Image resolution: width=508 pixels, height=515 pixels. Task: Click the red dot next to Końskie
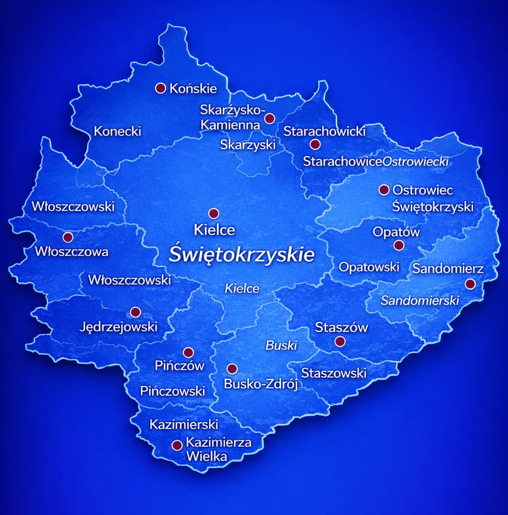pyautogui.click(x=160, y=88)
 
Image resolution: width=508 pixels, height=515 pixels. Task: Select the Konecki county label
pyautogui.click(x=117, y=131)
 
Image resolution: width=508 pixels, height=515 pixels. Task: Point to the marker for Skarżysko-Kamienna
pyautogui.click(x=269, y=119)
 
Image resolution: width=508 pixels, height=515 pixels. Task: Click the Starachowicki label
pyautogui.click(x=324, y=132)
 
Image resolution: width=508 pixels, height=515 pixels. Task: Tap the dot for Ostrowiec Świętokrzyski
pyautogui.click(x=384, y=190)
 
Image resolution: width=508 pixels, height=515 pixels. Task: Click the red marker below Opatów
pyautogui.click(x=398, y=245)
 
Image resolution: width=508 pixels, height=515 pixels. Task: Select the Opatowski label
pyautogui.click(x=368, y=267)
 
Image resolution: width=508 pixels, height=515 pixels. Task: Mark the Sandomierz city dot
pyautogui.click(x=470, y=284)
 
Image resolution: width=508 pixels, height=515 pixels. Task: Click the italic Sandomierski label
pyautogui.click(x=419, y=300)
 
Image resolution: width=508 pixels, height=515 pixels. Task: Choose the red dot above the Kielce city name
pyautogui.click(x=214, y=214)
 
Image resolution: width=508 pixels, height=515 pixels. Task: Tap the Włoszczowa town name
pyautogui.click(x=71, y=251)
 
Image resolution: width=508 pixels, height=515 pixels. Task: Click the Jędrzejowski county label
pyautogui.click(x=118, y=326)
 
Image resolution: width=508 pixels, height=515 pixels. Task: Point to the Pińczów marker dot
pyautogui.click(x=188, y=352)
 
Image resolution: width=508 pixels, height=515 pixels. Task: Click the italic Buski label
pyautogui.click(x=281, y=345)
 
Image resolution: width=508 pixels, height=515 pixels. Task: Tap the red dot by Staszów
pyautogui.click(x=340, y=342)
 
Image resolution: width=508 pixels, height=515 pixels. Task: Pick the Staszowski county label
pyautogui.click(x=333, y=374)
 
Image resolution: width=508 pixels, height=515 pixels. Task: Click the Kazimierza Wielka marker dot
pyautogui.click(x=177, y=446)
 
